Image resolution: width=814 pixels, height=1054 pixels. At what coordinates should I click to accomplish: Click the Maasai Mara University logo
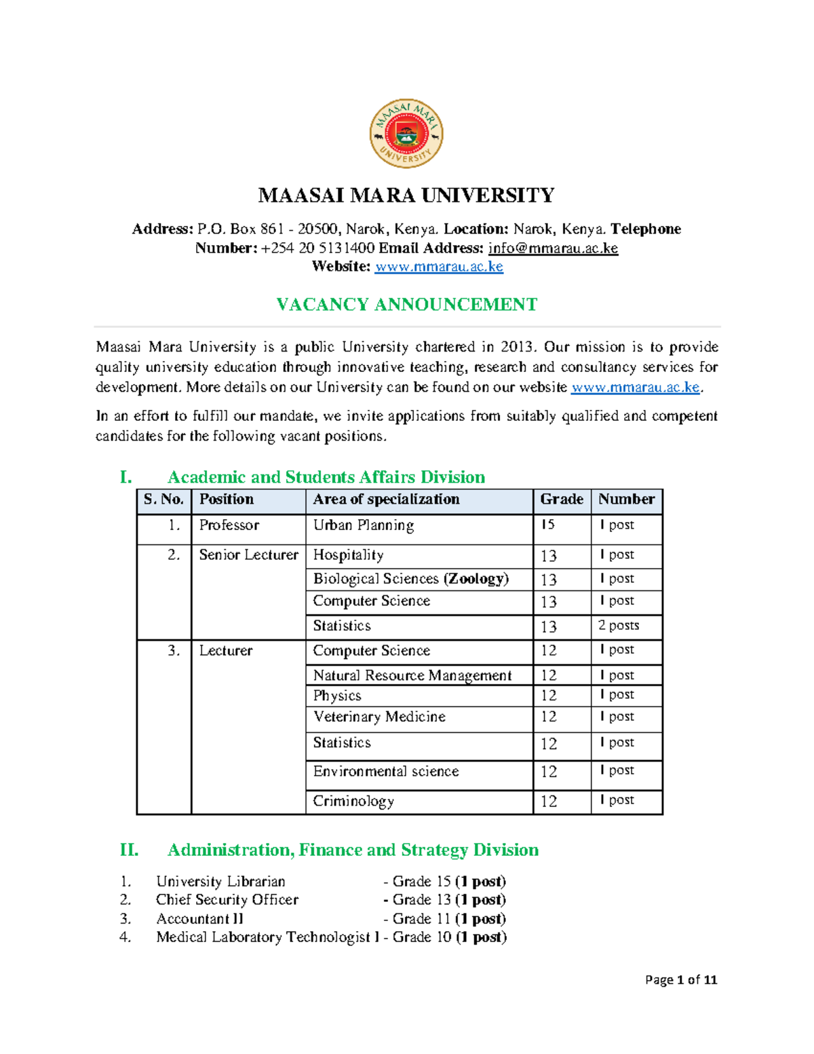[x=406, y=134]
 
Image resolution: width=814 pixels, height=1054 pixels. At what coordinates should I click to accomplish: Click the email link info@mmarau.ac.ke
[x=553, y=248]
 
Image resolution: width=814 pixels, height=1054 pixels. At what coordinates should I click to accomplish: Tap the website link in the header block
[x=439, y=267]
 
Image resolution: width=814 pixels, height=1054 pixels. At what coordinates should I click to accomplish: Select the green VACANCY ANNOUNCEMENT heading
[x=406, y=304]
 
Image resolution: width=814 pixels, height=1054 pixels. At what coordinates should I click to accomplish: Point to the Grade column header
[x=561, y=500]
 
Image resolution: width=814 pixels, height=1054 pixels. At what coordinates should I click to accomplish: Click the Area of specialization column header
[x=386, y=500]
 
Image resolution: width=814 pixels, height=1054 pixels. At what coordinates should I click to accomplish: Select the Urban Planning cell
[x=363, y=525]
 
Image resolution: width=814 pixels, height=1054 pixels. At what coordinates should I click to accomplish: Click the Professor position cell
[x=229, y=525]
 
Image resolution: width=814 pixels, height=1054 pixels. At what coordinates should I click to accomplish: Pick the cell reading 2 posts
[x=619, y=626]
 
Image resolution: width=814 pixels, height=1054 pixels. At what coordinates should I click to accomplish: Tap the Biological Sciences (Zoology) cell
[x=410, y=579]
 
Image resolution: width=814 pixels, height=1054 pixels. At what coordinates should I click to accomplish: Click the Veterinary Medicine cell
[x=379, y=717]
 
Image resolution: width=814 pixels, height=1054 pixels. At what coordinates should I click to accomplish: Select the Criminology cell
[x=353, y=802]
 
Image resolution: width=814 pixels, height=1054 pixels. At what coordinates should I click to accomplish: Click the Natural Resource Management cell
[x=412, y=676]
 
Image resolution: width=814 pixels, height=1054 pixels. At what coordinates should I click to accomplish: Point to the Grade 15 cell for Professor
[x=548, y=525]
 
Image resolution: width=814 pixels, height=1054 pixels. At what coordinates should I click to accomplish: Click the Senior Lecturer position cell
[x=248, y=555]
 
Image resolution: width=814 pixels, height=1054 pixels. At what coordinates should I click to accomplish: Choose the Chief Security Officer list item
[x=227, y=900]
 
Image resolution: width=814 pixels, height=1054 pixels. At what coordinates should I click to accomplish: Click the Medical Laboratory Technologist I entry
[x=267, y=937]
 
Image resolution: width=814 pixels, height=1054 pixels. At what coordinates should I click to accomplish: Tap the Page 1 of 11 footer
[x=680, y=980]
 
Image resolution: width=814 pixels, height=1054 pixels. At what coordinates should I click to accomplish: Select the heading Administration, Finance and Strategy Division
[x=353, y=850]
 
